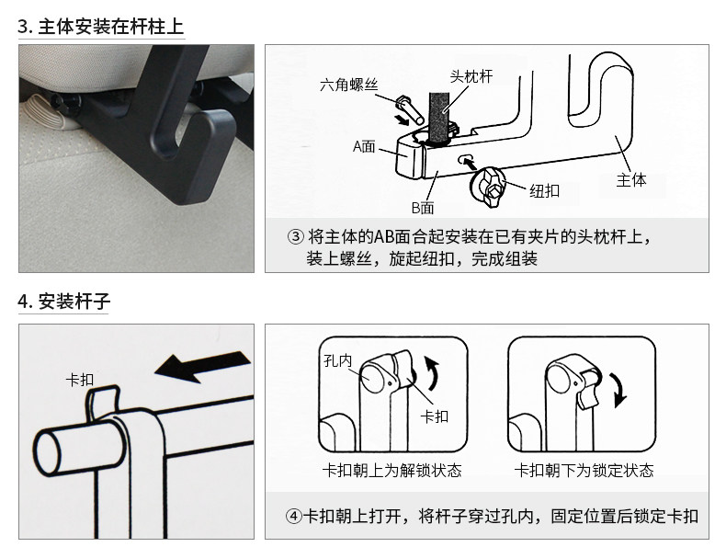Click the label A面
pos(365,145)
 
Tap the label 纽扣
pos(545,190)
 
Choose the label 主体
pos(631,180)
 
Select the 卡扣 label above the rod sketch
pos(80,379)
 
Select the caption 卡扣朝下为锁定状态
pos(584,471)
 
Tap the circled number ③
pos(295,237)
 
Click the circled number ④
pos(295,516)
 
